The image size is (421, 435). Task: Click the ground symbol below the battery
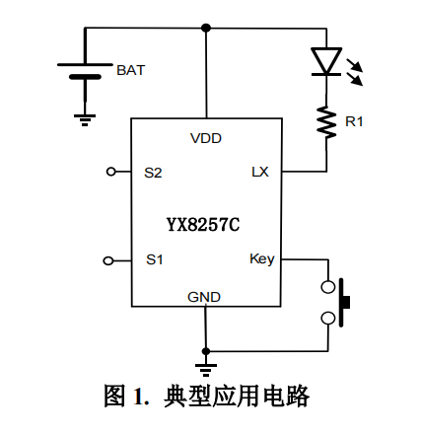coord(84,118)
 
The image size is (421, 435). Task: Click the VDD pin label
coord(206,139)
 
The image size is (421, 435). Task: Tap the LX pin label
coord(259,172)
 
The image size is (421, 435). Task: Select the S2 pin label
coord(153,172)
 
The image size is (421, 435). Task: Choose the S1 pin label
coord(154,259)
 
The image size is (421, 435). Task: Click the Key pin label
coord(261,259)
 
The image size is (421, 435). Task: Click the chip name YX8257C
coord(203,224)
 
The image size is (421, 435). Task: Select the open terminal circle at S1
coord(109,260)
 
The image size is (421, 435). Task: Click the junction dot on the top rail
coord(206,28)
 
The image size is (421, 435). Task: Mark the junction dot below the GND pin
coord(205,350)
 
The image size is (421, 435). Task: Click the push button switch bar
coord(345,303)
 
